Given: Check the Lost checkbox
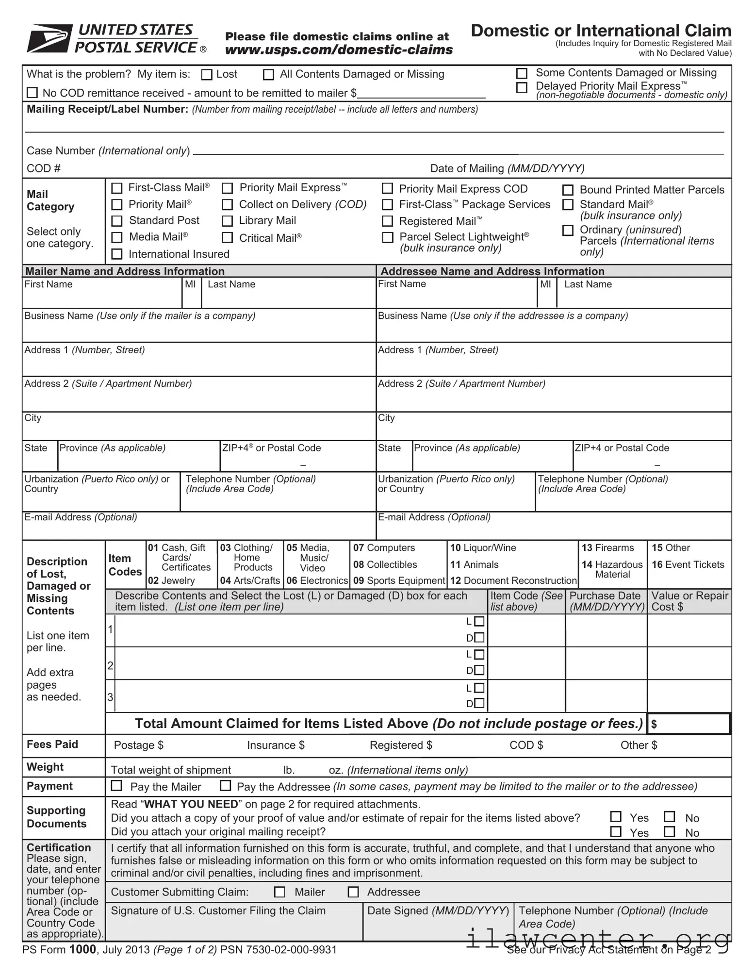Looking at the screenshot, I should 207,75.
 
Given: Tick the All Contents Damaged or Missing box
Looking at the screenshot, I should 268,75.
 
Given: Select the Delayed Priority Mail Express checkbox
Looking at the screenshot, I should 522,87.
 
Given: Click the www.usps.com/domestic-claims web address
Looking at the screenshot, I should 339,50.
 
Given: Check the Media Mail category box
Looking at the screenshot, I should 117,237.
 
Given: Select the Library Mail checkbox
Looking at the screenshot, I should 227,221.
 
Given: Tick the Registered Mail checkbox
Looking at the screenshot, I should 387,221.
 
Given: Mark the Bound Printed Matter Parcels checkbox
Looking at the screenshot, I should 568,190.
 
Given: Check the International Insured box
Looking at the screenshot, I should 117,254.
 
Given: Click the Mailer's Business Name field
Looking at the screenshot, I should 199,330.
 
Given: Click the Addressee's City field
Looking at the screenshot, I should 553,430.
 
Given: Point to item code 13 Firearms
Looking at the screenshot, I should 607,548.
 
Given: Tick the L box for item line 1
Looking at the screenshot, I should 479,621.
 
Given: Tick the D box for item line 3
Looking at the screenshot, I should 479,703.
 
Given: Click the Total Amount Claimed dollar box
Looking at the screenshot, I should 689,724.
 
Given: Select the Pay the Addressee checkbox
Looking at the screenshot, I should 226,785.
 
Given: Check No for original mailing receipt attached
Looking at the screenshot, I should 670,832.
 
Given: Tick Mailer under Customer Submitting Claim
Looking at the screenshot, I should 280,892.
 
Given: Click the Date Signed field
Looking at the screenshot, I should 438,930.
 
